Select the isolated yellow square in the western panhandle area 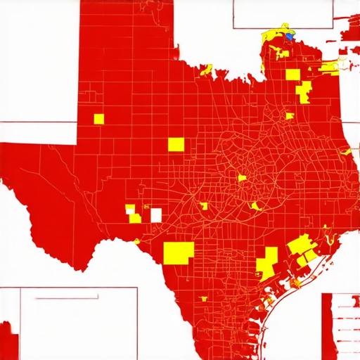(x=98, y=119)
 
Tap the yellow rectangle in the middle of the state (x=176, y=144)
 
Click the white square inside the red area (x=156, y=214)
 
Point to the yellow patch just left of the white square (x=135, y=218)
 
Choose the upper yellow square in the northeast (x=292, y=75)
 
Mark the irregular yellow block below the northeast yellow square (x=304, y=92)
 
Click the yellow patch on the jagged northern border (x=206, y=70)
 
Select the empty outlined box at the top (x=281, y=13)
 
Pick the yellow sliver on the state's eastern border (x=346, y=151)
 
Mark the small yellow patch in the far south (x=204, y=299)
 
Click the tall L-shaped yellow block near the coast (x=266, y=264)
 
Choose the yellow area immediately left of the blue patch (x=274, y=37)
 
